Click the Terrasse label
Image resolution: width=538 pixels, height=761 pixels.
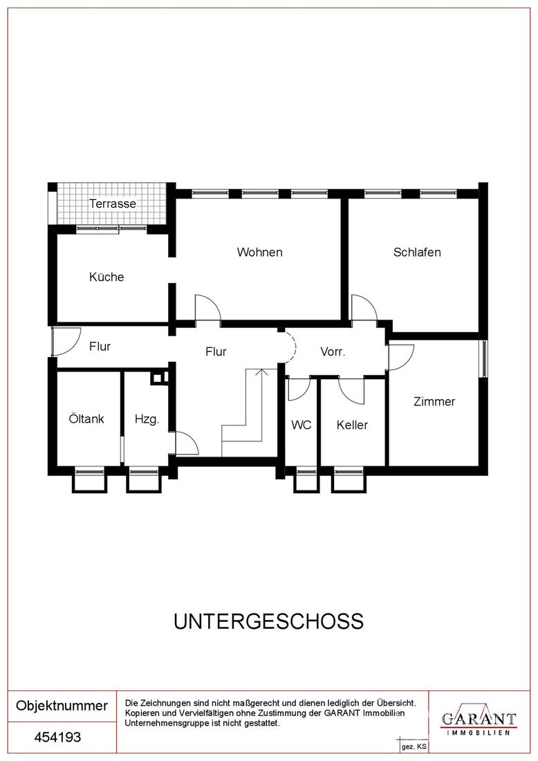tap(113, 203)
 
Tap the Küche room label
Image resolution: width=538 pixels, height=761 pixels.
tap(106, 277)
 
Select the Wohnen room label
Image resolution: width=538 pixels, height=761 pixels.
tap(259, 253)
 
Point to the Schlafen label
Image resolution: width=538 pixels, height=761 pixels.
tap(417, 253)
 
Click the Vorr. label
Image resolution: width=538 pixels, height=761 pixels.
tap(333, 352)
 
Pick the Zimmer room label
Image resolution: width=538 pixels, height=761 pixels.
tap(434, 401)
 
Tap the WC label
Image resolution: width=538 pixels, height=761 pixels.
tap(302, 425)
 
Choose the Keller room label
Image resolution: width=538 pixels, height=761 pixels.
tap(352, 425)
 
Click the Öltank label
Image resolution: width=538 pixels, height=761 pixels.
tap(86, 419)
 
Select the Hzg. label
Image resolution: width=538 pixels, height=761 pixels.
tap(147, 419)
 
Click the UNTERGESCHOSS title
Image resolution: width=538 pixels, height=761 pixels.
tap(269, 622)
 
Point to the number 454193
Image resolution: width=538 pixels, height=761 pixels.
tap(57, 737)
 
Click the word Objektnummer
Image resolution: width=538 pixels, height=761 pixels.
tap(62, 706)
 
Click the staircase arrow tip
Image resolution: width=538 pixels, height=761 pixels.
tap(262, 369)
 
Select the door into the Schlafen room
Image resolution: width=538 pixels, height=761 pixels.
tap(364, 307)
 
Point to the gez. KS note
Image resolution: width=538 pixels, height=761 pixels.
tap(414, 747)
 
